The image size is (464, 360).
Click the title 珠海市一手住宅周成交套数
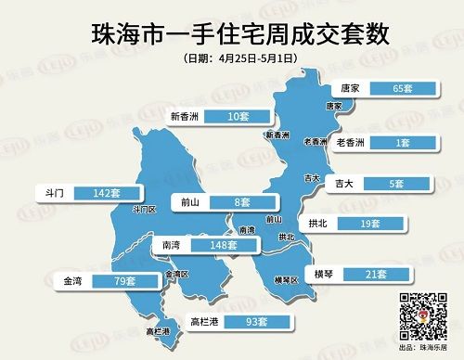click(x=232, y=33)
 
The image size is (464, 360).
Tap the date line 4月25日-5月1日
click(x=232, y=58)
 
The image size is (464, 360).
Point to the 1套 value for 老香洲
click(x=403, y=143)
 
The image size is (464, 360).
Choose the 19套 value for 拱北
click(x=376, y=224)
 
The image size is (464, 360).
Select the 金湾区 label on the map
click(x=176, y=275)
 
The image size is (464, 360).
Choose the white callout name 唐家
click(x=351, y=89)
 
